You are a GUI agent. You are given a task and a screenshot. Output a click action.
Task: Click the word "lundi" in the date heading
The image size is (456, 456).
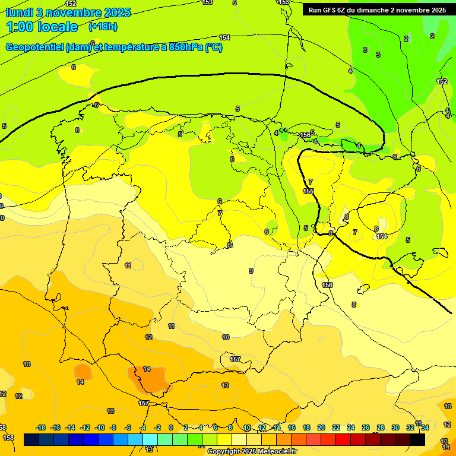[x=18, y=12]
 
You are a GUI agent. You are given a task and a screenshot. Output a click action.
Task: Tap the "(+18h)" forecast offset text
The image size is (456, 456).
[x=103, y=27]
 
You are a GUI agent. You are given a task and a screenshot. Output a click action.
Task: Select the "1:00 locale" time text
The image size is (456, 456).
[x=42, y=27]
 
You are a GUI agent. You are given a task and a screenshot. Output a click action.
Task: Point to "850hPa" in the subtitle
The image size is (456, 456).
[x=185, y=47]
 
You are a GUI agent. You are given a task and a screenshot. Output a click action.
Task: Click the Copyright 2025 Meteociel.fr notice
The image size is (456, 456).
[x=252, y=451]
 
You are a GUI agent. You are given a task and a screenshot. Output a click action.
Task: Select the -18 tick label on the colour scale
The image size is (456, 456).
[x=40, y=427]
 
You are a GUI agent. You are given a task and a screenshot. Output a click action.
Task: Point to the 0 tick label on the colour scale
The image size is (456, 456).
[x=171, y=427]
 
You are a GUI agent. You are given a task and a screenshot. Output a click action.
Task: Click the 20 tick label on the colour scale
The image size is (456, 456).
[x=321, y=427]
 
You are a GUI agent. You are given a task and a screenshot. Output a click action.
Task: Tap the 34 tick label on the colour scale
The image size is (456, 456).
[x=425, y=427]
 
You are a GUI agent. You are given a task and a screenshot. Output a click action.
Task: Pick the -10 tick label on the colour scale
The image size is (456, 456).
[x=100, y=427]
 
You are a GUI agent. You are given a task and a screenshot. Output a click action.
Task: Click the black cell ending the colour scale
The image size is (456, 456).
[x=417, y=439]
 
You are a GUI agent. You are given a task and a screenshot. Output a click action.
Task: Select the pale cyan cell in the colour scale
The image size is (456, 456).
[x=150, y=439]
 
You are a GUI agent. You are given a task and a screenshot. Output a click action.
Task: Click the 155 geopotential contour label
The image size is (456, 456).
[x=308, y=191]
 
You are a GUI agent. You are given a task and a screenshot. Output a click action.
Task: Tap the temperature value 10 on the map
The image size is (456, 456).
[x=226, y=337]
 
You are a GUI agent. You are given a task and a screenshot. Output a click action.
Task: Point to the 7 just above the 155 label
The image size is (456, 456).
[x=310, y=182]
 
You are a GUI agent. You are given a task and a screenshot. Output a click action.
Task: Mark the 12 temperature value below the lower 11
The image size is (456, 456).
[x=148, y=337]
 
